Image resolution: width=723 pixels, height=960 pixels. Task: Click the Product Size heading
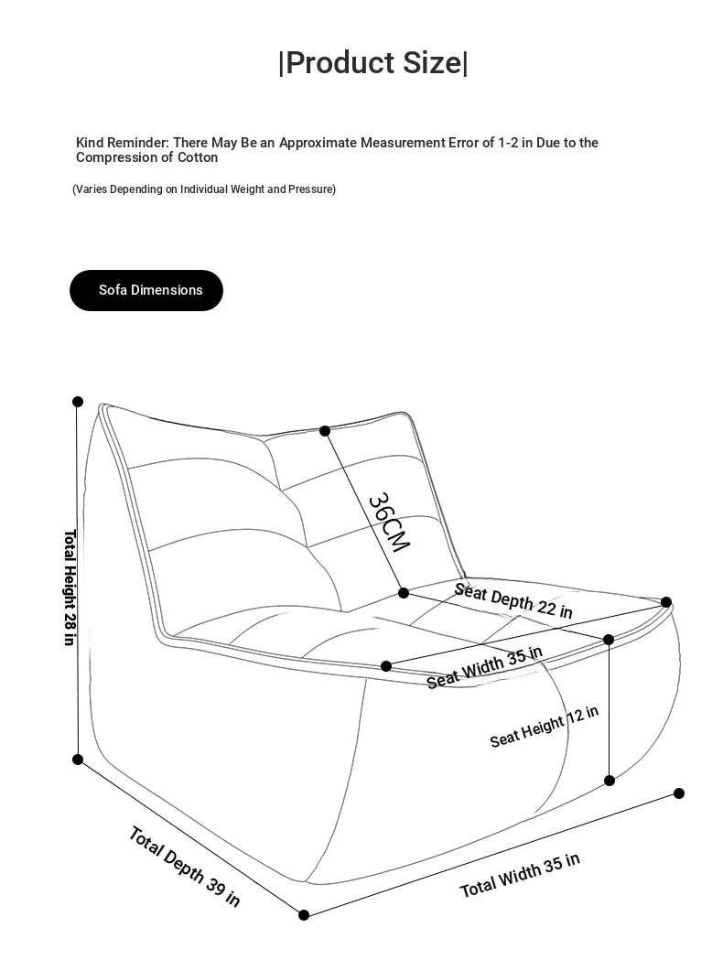click(373, 63)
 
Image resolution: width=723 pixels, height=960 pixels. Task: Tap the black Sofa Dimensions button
click(146, 290)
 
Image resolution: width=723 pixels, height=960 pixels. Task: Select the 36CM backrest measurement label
click(388, 523)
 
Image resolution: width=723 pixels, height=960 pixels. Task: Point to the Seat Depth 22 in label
click(513, 600)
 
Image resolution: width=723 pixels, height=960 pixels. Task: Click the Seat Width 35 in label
click(484, 666)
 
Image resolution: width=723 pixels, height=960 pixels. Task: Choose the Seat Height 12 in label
click(544, 727)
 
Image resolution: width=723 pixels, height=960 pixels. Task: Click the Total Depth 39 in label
click(184, 866)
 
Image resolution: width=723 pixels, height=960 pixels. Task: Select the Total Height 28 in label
click(70, 587)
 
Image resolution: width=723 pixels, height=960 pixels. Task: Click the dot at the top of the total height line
click(78, 402)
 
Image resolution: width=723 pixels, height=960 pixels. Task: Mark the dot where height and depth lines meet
click(78, 760)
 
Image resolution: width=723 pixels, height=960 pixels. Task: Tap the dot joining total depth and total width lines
click(304, 914)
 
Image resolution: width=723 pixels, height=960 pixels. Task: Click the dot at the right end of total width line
click(679, 793)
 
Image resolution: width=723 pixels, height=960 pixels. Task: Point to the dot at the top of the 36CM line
click(325, 431)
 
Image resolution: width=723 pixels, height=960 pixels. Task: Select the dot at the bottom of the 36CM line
click(404, 593)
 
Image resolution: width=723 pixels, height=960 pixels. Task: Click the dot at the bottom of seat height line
click(610, 781)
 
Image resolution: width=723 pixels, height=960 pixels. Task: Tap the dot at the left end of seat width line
click(386, 666)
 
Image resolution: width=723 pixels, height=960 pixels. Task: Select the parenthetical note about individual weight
click(204, 189)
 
